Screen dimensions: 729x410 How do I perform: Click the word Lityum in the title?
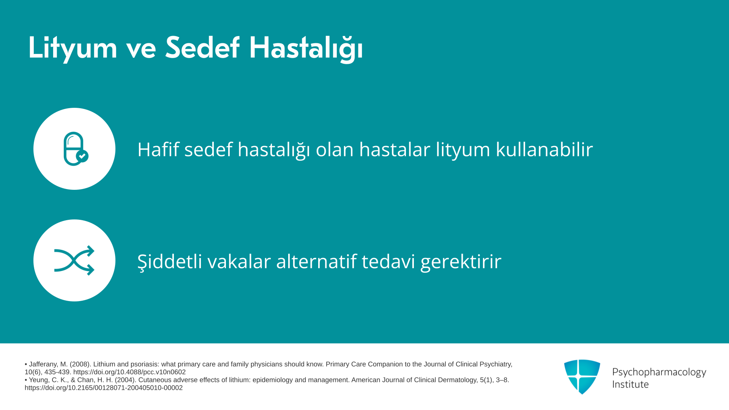(73, 49)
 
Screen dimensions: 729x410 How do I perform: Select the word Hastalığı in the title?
(306, 49)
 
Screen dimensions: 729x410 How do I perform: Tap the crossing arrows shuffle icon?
(74, 260)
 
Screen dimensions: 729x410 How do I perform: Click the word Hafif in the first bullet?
(158, 149)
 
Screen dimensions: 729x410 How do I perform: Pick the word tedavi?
(388, 261)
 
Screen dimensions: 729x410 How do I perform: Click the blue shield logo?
(582, 377)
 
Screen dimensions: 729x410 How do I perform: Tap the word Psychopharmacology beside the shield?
(659, 372)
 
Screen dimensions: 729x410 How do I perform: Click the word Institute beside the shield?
(630, 384)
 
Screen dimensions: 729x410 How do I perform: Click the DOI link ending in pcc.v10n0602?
(129, 372)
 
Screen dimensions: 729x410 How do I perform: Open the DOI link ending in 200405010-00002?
(104, 388)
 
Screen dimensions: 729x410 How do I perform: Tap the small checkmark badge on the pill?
(82, 156)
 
